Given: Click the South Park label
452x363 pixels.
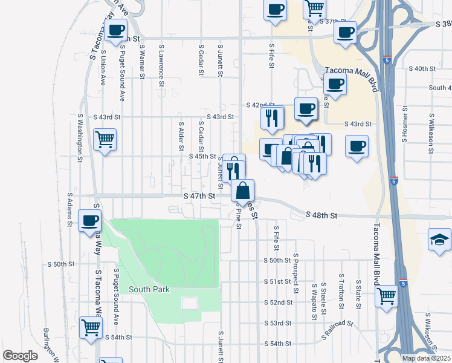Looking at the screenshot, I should click(149, 289).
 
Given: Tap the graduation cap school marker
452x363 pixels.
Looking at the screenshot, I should click(439, 240).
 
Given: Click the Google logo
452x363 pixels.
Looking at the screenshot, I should click(20, 356).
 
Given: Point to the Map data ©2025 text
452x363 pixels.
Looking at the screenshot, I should click(425, 358).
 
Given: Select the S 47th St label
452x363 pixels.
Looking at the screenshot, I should click(199, 196).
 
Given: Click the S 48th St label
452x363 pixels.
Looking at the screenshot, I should click(320, 215).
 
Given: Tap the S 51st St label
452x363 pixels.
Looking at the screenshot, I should click(278, 282).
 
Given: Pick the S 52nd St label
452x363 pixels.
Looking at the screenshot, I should click(278, 302).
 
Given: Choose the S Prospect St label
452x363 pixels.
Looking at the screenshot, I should click(295, 271).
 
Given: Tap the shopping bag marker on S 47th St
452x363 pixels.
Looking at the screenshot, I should click(242, 191).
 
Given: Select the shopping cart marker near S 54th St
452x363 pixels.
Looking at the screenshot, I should click(91, 328).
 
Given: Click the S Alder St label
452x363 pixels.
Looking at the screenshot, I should click(181, 136).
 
